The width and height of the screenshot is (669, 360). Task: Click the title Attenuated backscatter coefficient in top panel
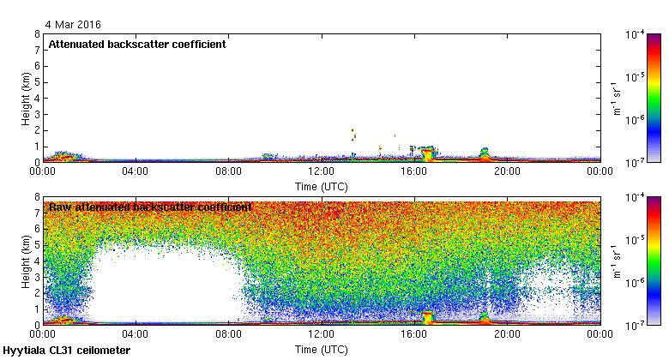point(137,45)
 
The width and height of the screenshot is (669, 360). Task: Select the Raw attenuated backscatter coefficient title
point(149,207)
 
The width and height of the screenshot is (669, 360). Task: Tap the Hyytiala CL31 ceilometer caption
point(67,351)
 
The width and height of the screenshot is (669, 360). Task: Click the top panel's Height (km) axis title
point(27,98)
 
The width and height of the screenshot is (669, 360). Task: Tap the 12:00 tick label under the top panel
point(322,171)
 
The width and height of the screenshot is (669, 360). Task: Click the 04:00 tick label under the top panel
point(136,171)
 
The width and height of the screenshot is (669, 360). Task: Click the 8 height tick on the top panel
point(36,35)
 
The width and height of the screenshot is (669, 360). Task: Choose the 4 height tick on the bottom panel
point(36,261)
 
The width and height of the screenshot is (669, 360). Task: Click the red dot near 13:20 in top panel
point(353,131)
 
